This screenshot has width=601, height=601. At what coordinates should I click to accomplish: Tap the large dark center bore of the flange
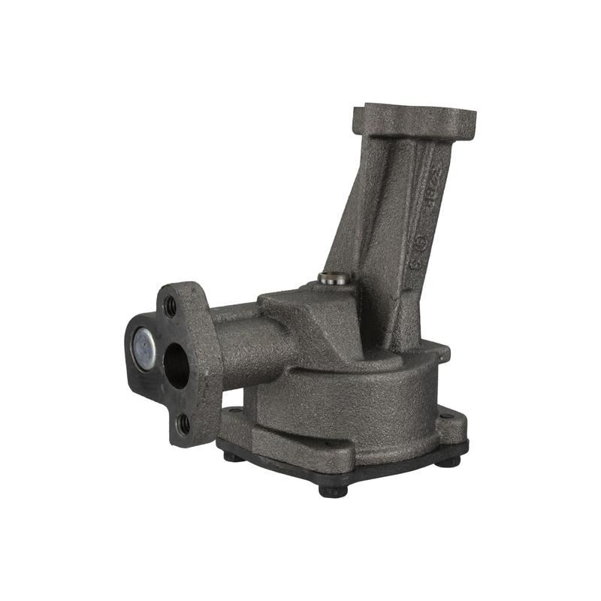point(176,365)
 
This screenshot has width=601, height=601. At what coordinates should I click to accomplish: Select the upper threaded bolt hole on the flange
point(171,306)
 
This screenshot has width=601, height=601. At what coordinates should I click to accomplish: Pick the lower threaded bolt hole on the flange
point(182,425)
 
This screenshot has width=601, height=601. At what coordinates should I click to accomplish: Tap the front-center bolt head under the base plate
point(333,491)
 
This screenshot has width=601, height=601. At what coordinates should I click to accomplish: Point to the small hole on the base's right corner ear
point(448,415)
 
